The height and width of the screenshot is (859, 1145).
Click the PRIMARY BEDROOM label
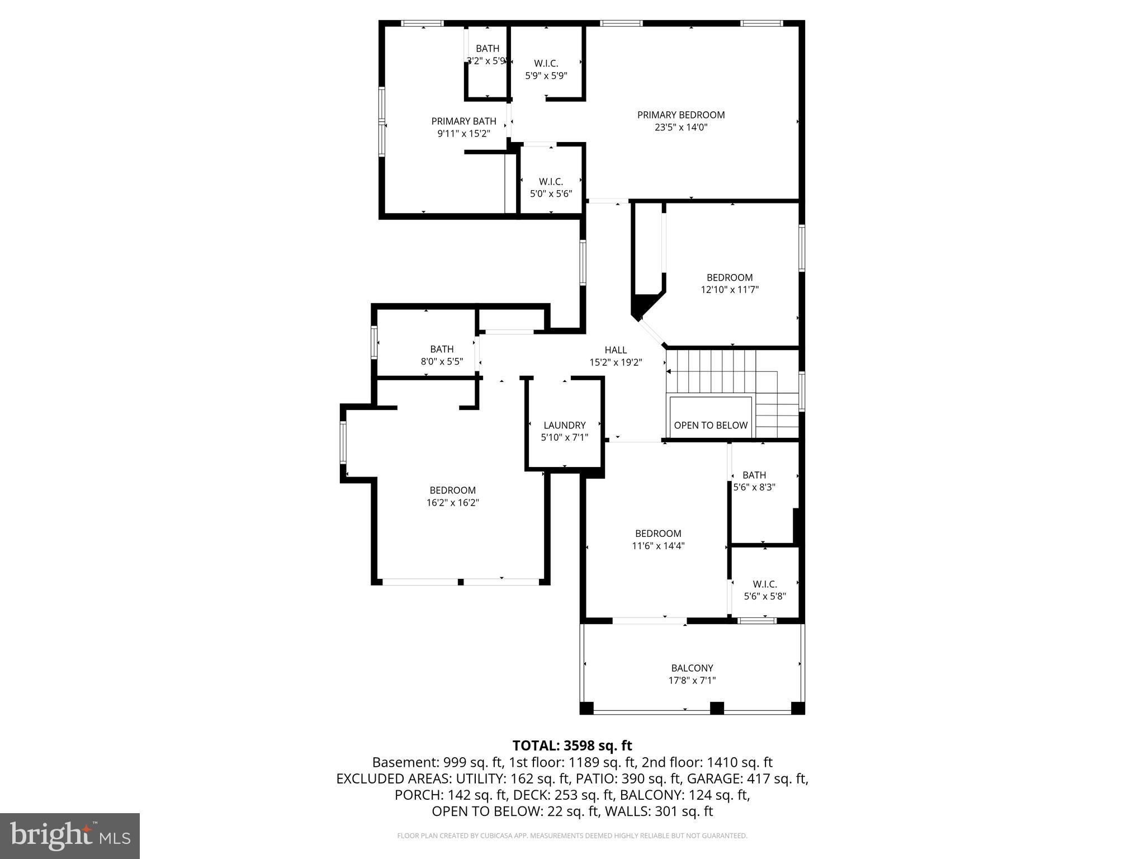point(681,115)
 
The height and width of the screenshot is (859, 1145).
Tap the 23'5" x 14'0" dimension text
point(681,127)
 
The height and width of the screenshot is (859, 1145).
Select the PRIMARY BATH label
point(463,121)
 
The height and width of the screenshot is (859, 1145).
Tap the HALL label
point(615,350)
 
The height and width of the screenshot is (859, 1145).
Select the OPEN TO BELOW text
point(710,425)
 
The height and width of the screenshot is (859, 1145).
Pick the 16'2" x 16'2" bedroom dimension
point(452,503)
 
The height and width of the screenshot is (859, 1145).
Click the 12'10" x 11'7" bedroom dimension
point(730,290)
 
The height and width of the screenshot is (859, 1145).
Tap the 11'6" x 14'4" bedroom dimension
point(658,546)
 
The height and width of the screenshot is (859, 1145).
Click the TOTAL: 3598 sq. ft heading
point(572,745)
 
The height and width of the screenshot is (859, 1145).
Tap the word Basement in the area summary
point(405,762)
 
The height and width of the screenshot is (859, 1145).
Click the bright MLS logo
point(70,836)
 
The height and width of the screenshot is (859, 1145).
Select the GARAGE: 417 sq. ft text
point(747,778)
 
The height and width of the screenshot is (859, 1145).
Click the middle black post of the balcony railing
point(717,708)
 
